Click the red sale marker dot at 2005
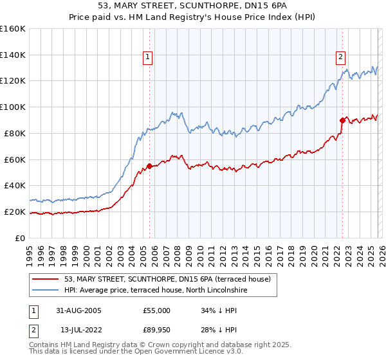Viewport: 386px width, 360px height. pos(149,166)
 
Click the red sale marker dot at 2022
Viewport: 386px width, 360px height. pos(342,120)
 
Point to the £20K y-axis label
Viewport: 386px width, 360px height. pos(14,212)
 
